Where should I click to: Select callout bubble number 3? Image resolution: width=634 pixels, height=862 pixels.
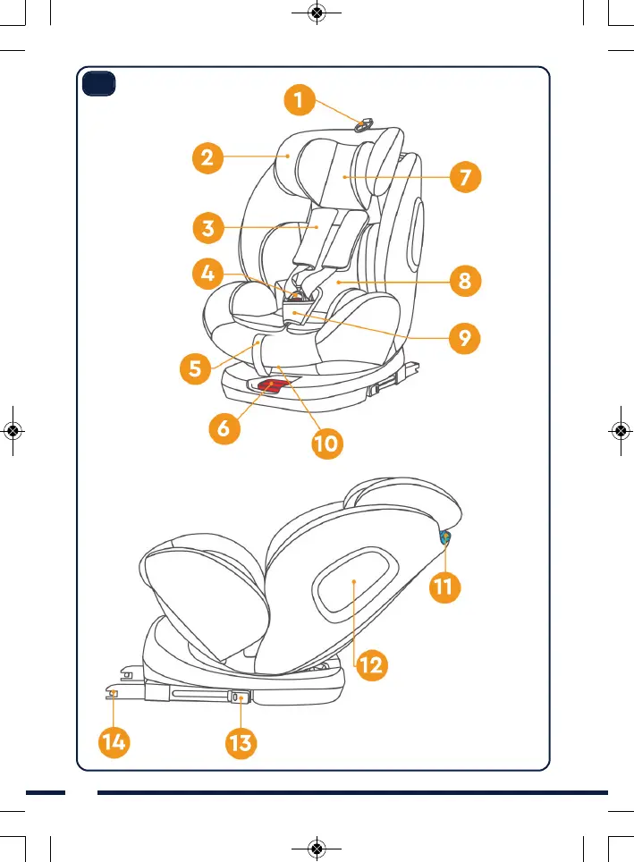click(207, 226)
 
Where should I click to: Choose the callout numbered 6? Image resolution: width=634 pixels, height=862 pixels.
click(224, 427)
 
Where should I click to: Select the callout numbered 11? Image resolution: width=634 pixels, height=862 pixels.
click(444, 587)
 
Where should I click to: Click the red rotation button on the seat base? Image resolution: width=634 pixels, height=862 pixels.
click(275, 385)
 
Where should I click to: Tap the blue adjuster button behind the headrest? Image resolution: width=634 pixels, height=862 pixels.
click(444, 537)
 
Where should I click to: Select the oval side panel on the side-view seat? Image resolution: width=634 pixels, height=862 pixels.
click(354, 583)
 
